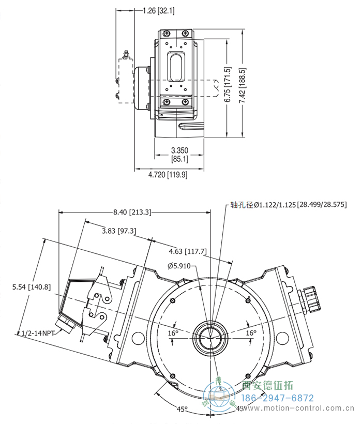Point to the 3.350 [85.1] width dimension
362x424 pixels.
click(179, 155)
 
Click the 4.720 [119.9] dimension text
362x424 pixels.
click(167, 175)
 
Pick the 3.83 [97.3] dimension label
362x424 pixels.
click(118, 231)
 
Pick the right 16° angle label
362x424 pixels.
click(251, 333)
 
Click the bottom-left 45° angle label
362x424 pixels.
click(182, 409)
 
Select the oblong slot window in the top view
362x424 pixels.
click(175, 68)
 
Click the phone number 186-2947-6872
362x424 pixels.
click(278, 398)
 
